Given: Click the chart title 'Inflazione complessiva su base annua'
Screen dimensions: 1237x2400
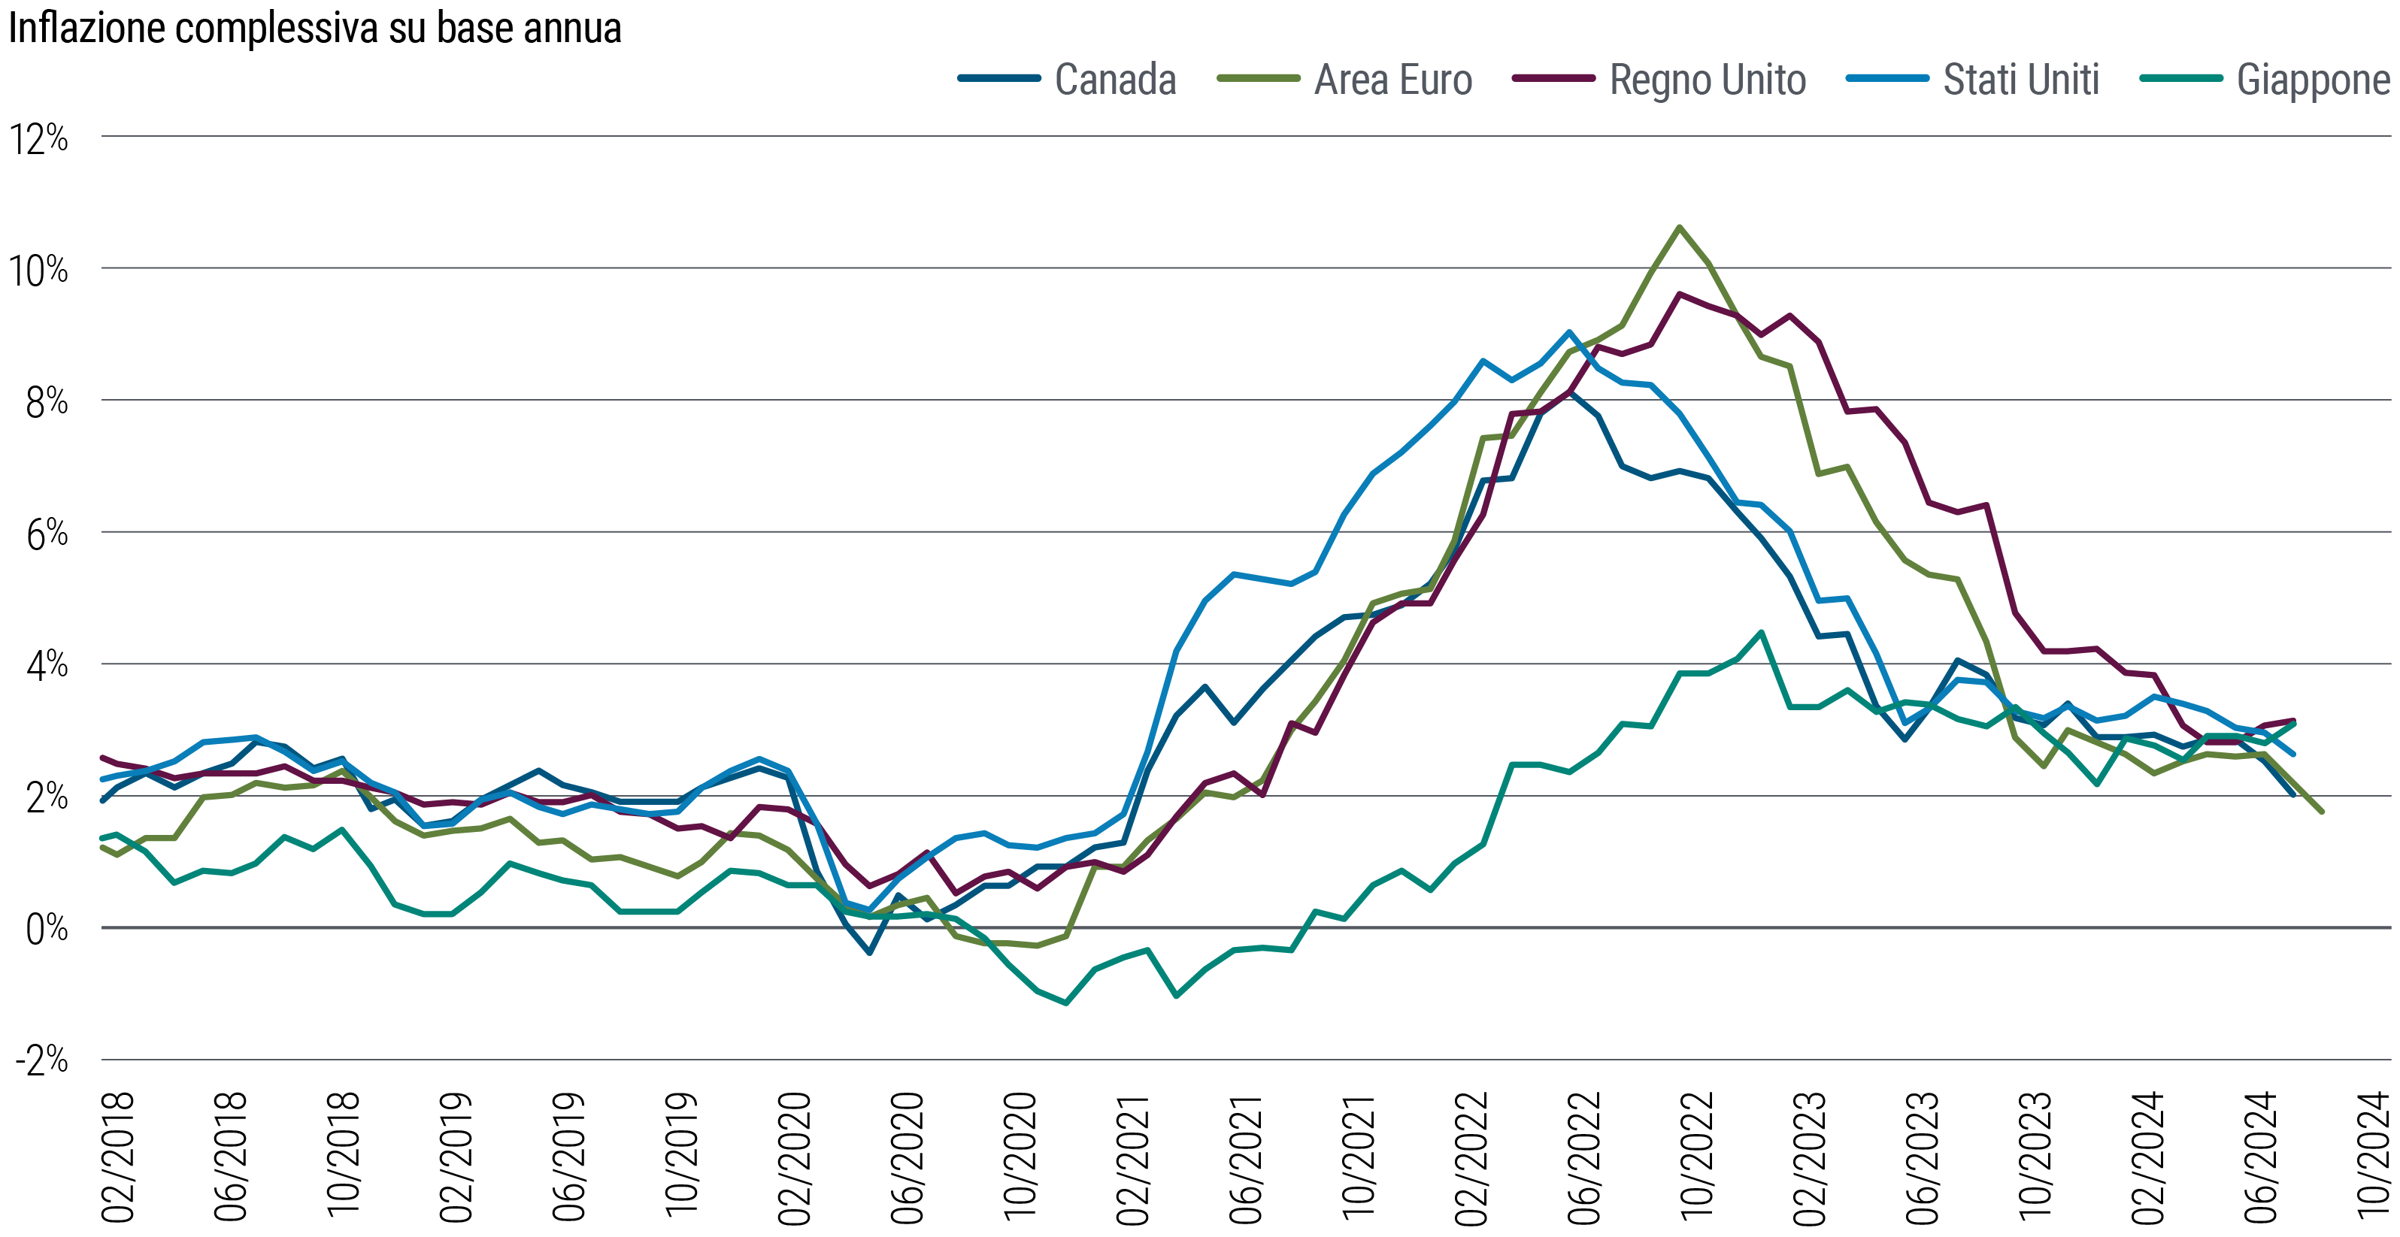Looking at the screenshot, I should (314, 28).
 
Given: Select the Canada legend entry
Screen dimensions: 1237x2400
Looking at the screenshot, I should (1114, 80).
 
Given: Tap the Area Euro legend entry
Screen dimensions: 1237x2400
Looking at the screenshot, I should (1392, 80).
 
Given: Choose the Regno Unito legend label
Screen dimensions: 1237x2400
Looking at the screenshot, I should (1707, 80).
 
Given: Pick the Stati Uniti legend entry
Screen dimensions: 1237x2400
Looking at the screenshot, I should (2021, 80).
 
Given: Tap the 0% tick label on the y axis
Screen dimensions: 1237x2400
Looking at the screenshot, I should (42, 930).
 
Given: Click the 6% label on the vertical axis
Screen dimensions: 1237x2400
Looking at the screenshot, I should (42, 534).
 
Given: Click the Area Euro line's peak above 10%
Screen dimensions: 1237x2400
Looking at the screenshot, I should (1679, 226).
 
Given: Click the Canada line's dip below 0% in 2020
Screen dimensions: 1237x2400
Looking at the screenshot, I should (869, 953).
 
